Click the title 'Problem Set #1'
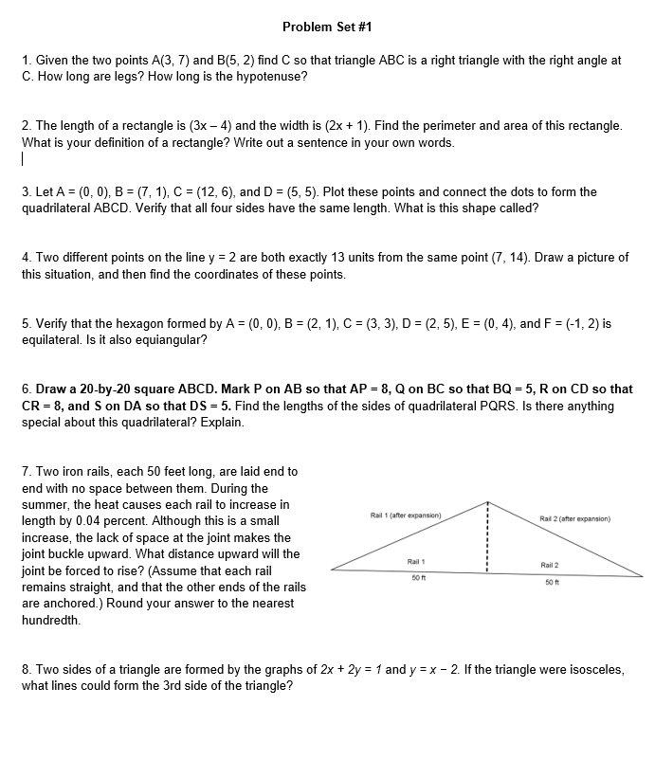click(x=320, y=26)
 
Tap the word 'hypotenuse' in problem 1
click(x=270, y=76)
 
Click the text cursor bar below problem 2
click(x=23, y=160)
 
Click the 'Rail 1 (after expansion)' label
click(x=405, y=515)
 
